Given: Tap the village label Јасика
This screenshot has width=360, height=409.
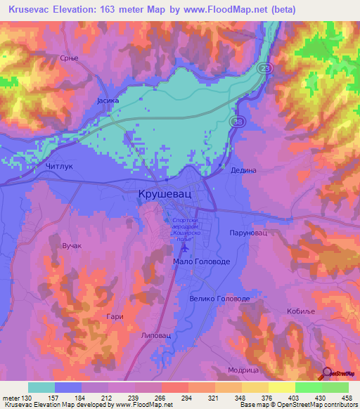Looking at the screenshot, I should click(108, 101).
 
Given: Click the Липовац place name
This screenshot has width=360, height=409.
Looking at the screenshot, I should click(155, 337).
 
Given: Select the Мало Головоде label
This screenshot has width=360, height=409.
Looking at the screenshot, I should click(201, 261).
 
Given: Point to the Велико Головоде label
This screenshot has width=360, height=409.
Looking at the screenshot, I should click(219, 299).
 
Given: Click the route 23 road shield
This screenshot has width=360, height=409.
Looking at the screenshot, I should click(262, 68).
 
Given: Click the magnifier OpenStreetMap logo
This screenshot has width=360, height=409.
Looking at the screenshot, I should click(328, 373).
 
